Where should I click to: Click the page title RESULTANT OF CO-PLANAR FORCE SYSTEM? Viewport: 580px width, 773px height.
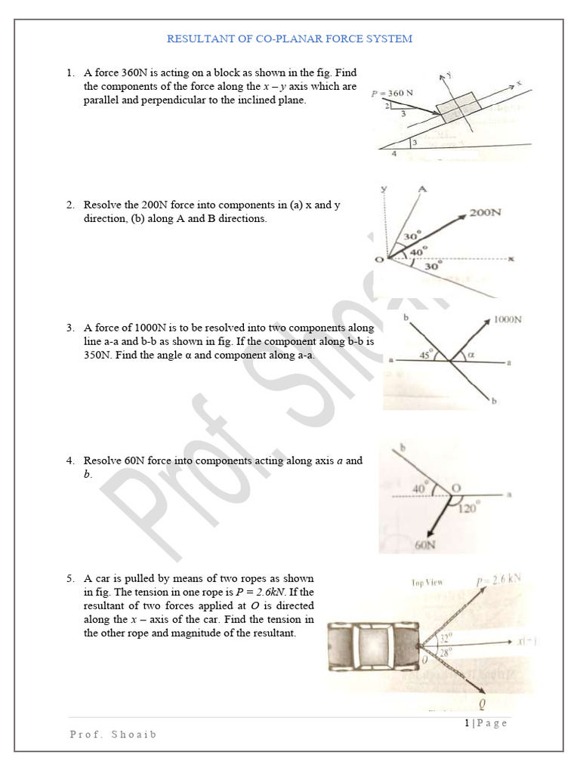point(289,38)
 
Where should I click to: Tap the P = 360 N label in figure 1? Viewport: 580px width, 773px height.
point(392,94)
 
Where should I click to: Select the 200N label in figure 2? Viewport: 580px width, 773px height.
point(485,213)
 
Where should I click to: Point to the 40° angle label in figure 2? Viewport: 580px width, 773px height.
point(418,249)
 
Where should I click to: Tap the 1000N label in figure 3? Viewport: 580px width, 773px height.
point(507,319)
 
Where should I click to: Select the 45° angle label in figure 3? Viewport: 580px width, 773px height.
point(426,353)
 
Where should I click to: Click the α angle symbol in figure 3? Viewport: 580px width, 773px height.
point(472,353)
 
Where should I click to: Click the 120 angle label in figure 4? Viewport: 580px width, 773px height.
point(468,509)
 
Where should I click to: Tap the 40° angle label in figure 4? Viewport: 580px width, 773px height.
point(421,488)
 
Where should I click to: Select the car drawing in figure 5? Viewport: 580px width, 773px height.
point(373,648)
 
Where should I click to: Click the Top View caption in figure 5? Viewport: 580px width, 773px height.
point(427,582)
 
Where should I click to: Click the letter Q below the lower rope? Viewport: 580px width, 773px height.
point(482,704)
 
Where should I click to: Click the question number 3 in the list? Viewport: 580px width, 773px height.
point(69,328)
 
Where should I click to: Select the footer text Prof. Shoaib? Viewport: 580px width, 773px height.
point(113,734)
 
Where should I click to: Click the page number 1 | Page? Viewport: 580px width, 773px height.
point(486,722)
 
